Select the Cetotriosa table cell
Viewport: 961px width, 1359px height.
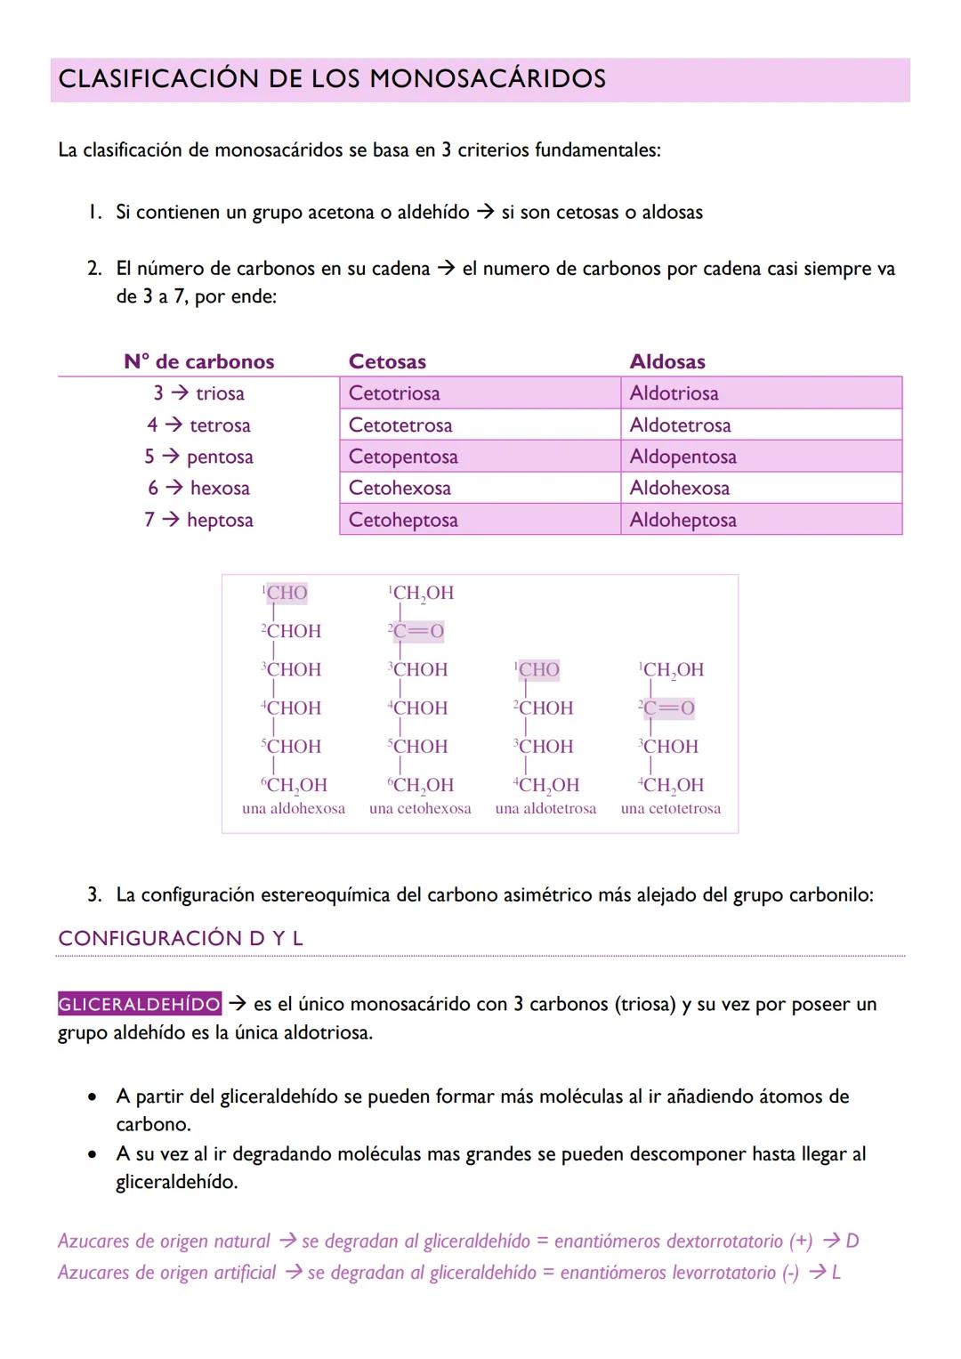tap(394, 393)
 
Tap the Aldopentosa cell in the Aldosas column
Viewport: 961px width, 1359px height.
tap(682, 457)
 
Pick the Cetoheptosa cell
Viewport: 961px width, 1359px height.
tap(403, 520)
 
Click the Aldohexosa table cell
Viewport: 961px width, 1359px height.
tap(679, 488)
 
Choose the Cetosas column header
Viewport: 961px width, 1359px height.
tap(387, 361)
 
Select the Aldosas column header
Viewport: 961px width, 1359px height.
tap(667, 361)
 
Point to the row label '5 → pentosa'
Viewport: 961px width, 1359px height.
tap(198, 457)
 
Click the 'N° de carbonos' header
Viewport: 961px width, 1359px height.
tap(198, 361)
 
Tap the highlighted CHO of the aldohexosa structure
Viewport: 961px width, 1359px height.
tap(287, 593)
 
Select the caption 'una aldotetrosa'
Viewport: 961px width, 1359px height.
tap(545, 809)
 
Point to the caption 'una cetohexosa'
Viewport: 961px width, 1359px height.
tap(420, 809)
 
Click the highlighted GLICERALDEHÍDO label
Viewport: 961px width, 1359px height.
tap(140, 1004)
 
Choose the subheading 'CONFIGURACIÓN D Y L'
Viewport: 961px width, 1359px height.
tap(181, 938)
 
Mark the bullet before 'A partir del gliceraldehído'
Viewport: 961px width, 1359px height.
tap(93, 1097)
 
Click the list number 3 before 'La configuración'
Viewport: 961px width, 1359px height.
tap(93, 894)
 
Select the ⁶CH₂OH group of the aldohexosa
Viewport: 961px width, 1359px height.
tap(295, 785)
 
